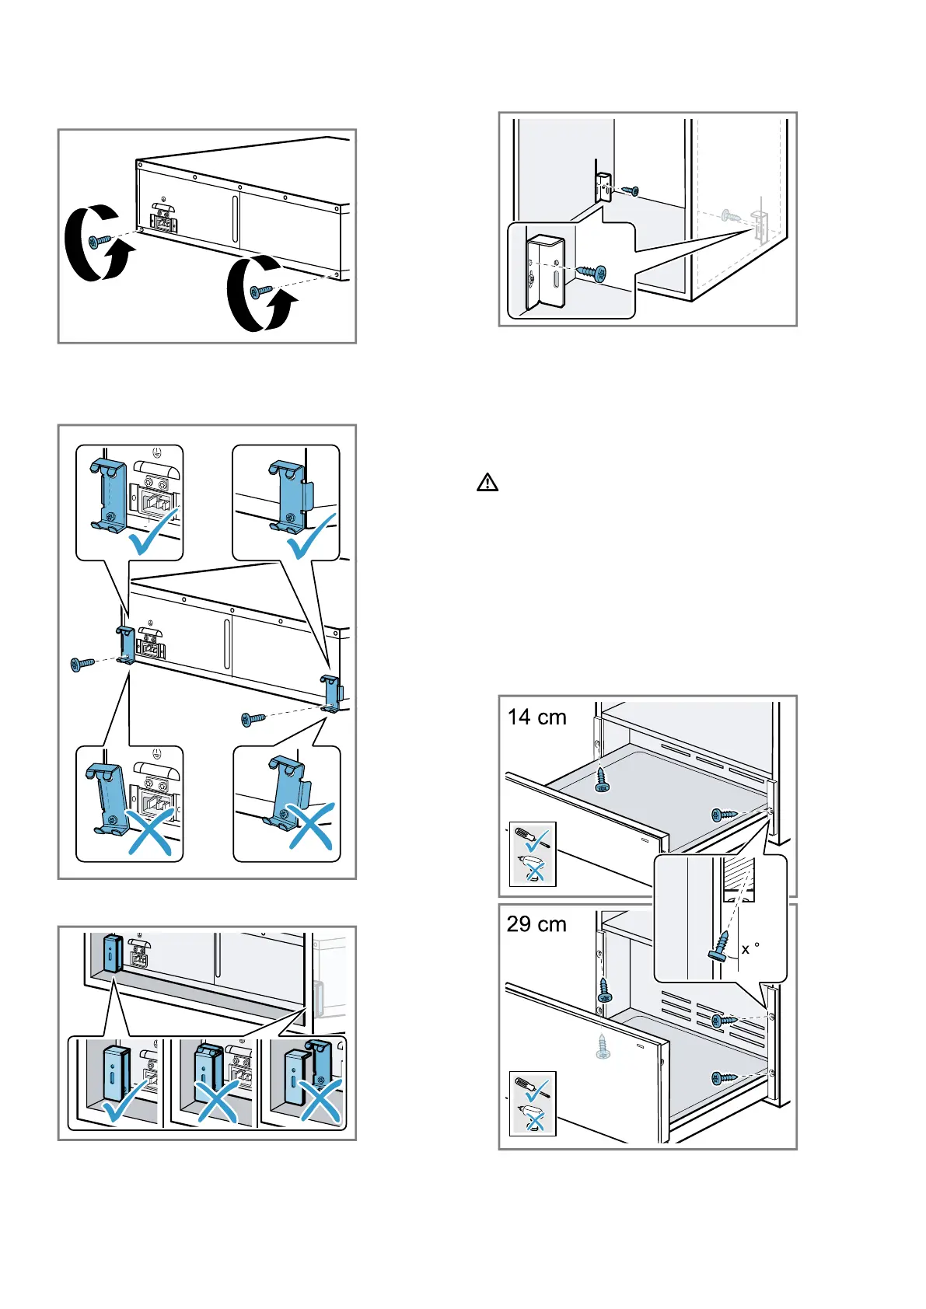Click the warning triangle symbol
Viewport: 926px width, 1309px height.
pyautogui.click(x=487, y=483)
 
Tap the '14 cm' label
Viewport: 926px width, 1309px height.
pyautogui.click(x=536, y=717)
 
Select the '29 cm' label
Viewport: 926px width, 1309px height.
pyautogui.click(x=536, y=924)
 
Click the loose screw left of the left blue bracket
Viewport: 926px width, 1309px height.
pyautogui.click(x=82, y=664)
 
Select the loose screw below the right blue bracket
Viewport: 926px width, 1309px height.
pyautogui.click(x=253, y=719)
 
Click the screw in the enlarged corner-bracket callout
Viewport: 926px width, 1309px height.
pyautogui.click(x=592, y=272)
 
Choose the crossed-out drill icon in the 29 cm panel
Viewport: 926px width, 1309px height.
pyautogui.click(x=533, y=1119)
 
